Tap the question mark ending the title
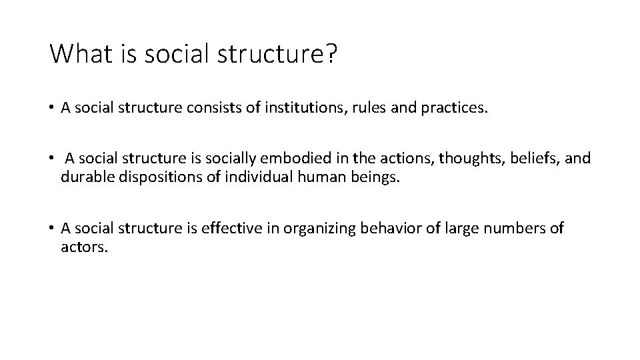point(331,54)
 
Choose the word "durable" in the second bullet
point(84,177)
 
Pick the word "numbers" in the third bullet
point(513,229)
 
